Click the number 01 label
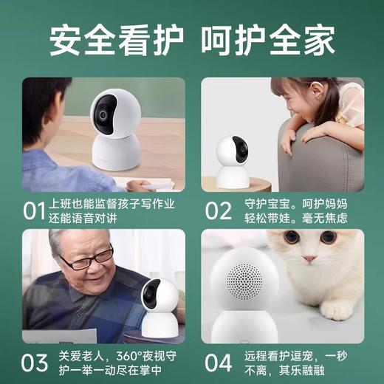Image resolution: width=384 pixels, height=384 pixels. click(34, 211)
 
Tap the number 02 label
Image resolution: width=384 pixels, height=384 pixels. click(218, 211)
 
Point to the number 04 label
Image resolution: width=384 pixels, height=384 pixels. click(219, 363)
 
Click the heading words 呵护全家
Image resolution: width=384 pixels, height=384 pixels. click(269, 41)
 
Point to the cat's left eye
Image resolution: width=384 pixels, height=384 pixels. click(291, 238)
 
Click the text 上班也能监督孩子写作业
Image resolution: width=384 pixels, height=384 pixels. click(112, 203)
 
